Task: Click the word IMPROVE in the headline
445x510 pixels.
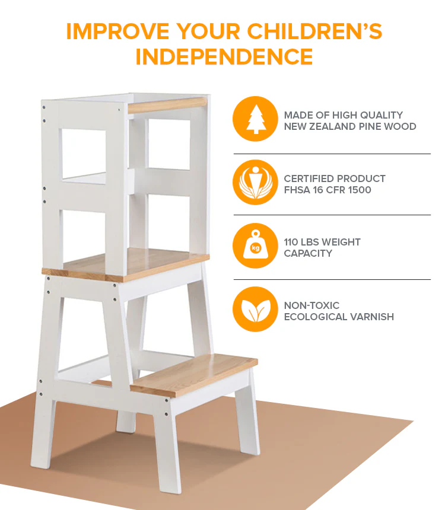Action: [x=118, y=31]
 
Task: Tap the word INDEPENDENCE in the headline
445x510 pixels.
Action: [x=224, y=56]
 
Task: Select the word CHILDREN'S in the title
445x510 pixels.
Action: [x=314, y=31]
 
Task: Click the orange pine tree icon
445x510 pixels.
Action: [x=255, y=119]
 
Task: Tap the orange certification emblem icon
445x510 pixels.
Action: [x=255, y=182]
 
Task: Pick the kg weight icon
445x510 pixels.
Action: [x=255, y=246]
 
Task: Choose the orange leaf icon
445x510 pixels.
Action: [x=255, y=309]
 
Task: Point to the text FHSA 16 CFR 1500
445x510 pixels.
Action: [x=328, y=190]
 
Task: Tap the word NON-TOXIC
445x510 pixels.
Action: [x=311, y=305]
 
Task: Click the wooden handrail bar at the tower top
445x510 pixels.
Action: [x=168, y=105]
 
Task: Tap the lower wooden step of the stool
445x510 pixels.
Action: [x=194, y=375]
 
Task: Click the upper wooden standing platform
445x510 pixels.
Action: [x=126, y=264]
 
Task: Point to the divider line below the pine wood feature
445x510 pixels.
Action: [x=332, y=154]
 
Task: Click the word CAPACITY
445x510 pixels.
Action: [x=308, y=253]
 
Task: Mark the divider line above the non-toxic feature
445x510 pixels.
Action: [x=332, y=279]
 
